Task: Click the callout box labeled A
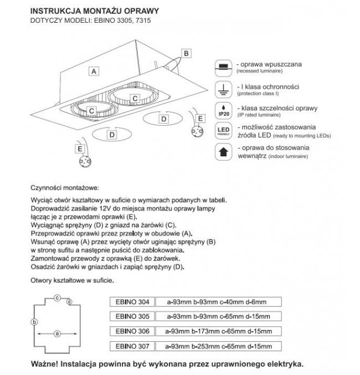(95, 71)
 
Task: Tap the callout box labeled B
(186, 53)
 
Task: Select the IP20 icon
(222, 109)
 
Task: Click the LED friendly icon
(222, 131)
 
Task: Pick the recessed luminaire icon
(222, 67)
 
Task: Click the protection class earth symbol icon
(222, 88)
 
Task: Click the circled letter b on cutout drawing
(34, 322)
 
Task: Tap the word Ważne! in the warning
(47, 365)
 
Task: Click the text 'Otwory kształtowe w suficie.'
(73, 281)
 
